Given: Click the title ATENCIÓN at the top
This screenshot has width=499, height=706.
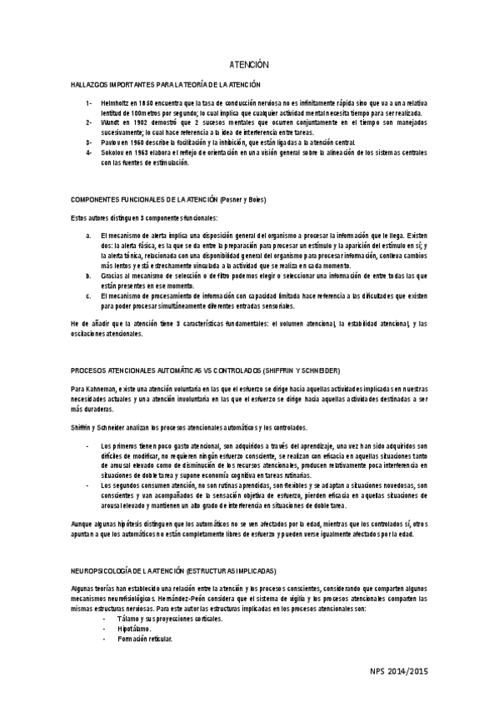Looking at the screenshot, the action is [249, 64].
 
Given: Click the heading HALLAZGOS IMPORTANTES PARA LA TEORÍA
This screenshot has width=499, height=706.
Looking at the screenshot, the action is [166, 85].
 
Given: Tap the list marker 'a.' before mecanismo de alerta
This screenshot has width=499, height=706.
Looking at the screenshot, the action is [89, 236].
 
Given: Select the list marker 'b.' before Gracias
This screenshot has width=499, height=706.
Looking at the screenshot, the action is [89, 275].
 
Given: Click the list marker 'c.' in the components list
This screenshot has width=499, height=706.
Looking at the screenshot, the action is [88, 295].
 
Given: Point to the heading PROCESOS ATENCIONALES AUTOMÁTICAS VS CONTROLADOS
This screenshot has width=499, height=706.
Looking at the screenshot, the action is [205, 370].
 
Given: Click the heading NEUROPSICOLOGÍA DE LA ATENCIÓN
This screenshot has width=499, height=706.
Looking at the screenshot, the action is [173, 570].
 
